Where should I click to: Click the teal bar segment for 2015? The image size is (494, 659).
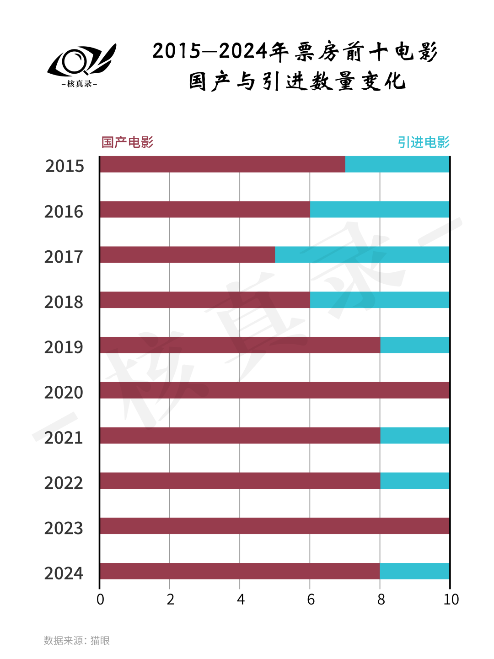pos(397,164)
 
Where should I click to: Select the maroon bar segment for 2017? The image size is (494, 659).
pos(188,254)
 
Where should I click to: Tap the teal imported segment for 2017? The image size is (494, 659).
pos(362,254)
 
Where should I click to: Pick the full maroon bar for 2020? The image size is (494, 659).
pos(274,390)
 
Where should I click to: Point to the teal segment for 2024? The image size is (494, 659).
pos(415,571)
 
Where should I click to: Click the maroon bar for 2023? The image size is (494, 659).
pos(274,526)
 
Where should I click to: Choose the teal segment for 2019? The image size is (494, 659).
pos(415,345)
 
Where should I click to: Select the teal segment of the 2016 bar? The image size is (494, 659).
pos(380,210)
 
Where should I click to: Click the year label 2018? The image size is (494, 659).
pos(64,302)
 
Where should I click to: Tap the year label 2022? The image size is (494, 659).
pos(64,483)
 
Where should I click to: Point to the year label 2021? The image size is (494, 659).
pos(64,438)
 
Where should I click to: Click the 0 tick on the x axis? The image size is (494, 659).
pos(100,600)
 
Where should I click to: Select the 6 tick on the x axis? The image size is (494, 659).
pos(311,600)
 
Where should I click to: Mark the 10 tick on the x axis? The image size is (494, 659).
pos(451,600)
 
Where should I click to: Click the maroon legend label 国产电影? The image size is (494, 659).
pos(127,142)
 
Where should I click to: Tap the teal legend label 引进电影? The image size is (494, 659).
pos(424,142)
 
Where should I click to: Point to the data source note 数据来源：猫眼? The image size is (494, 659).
pos(77,640)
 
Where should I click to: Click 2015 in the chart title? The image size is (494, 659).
pos(177,51)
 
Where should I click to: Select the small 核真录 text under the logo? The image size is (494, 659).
pos(80,84)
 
